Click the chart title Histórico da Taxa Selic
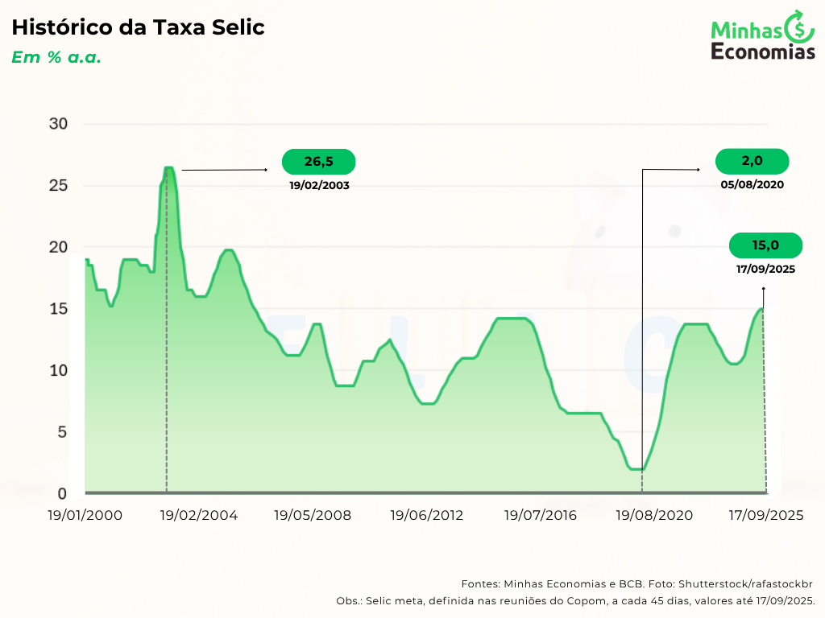pos(138,27)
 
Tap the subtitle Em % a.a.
pos(56,58)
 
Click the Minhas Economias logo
pos(762,36)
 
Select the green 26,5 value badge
pos(318,162)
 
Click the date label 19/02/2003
pos(319,184)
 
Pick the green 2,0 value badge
pos(752,161)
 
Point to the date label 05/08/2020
pos(752,183)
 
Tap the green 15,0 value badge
pos(765,245)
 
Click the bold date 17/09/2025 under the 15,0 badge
pos(765,269)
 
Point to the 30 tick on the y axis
pos(58,124)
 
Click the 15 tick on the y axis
pos(58,309)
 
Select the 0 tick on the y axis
pos(62,493)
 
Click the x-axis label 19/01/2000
pos(85,515)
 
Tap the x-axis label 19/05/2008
pos(313,515)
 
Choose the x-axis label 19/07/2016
pos(541,515)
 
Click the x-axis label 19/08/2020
pos(654,515)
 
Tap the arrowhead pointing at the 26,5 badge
pos(265,170)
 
